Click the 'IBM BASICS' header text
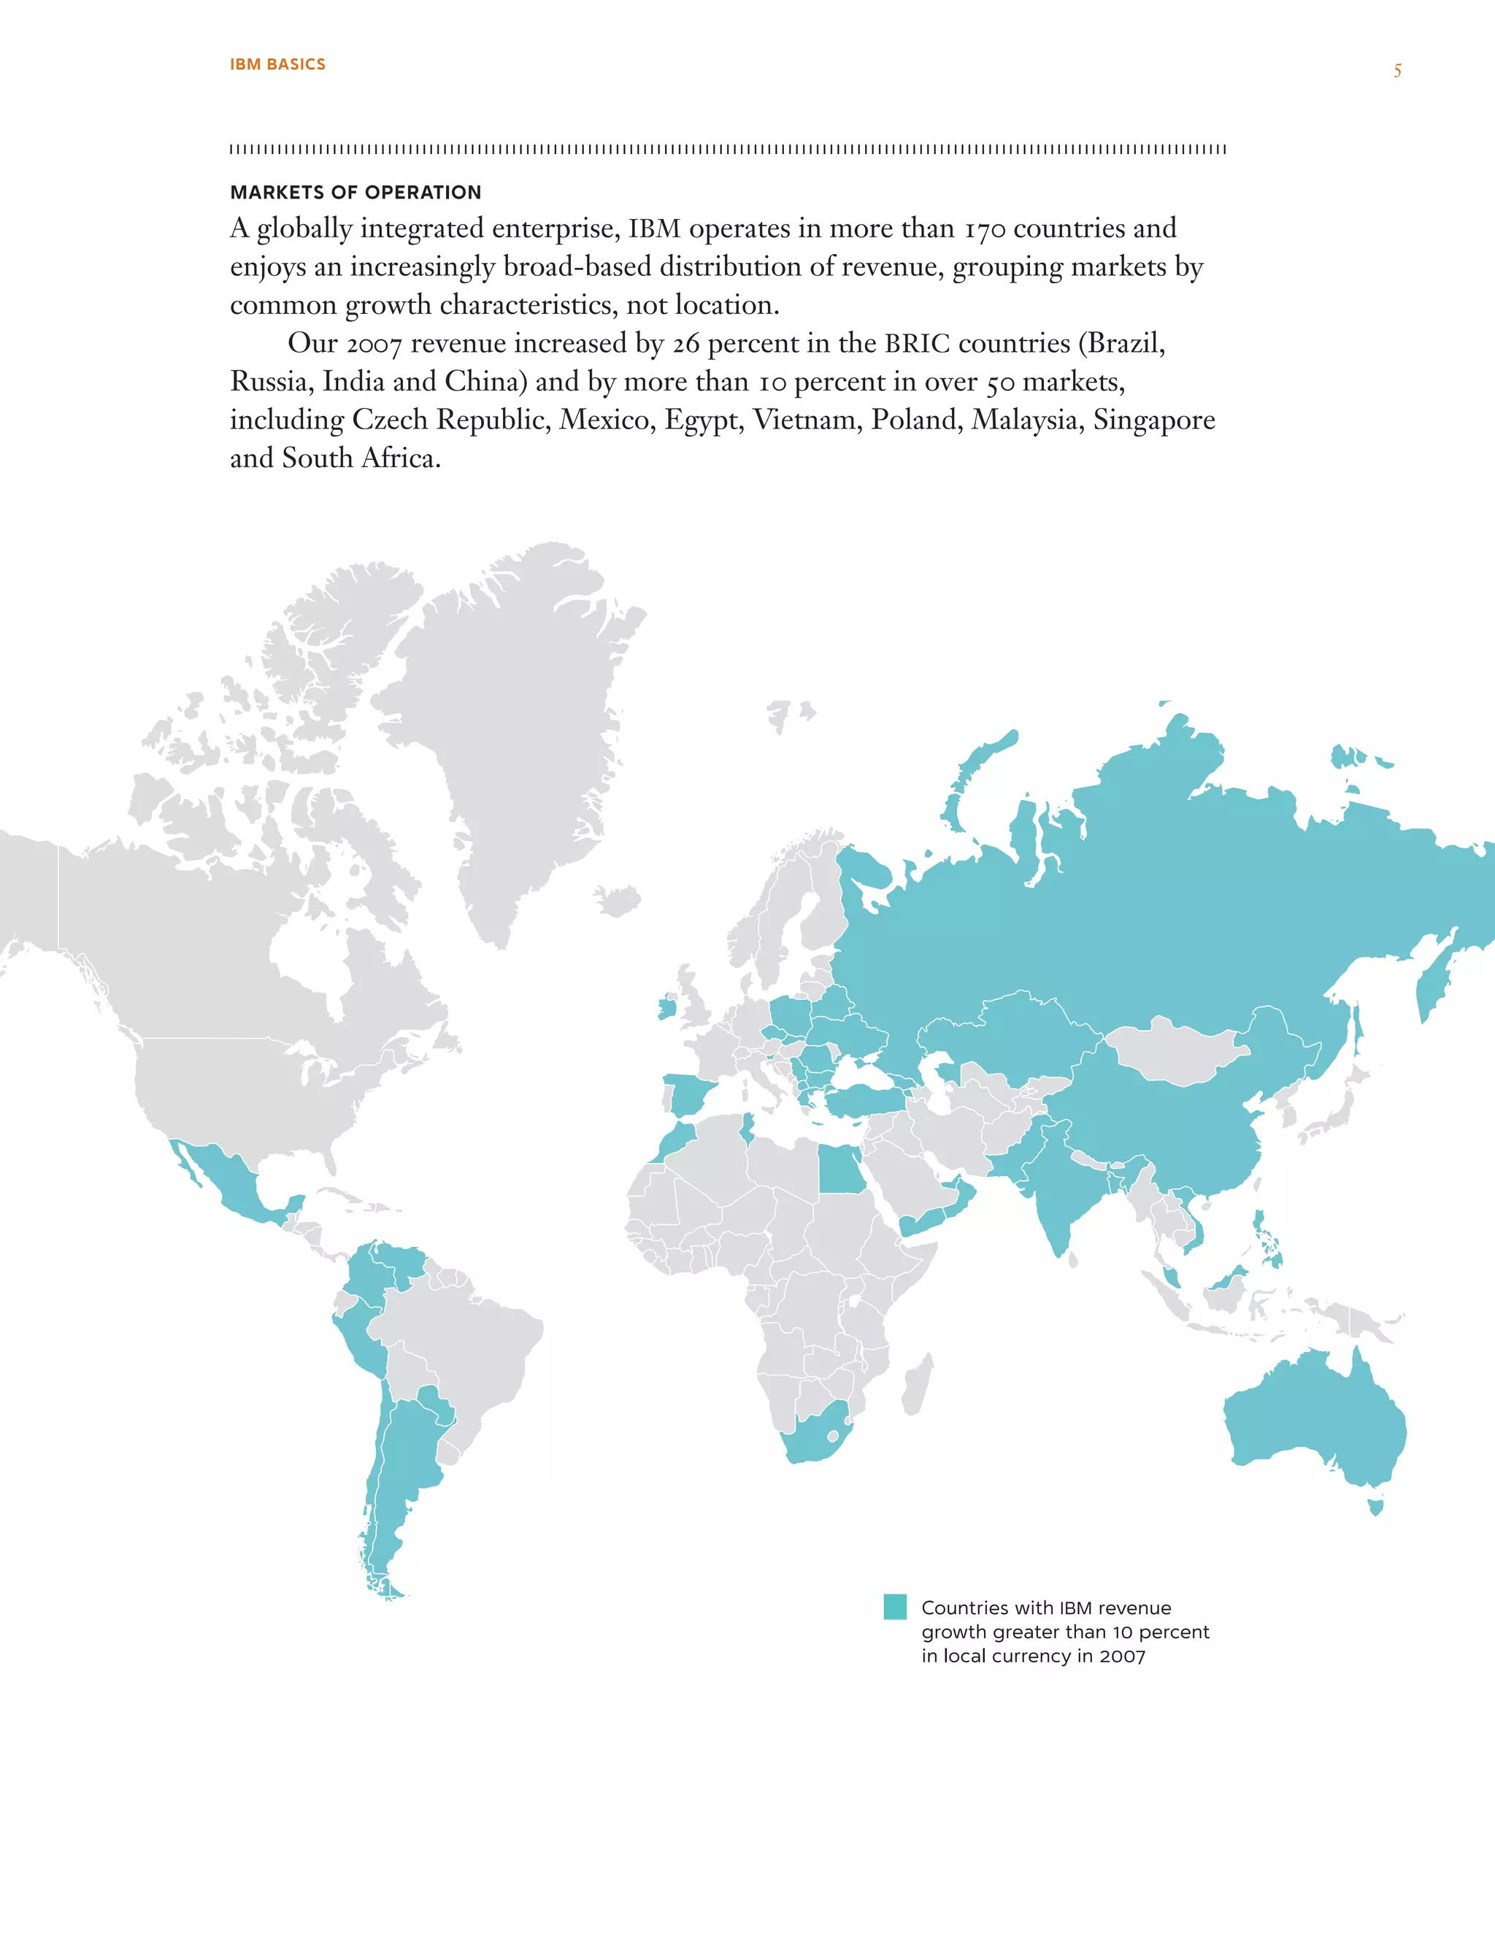[x=277, y=64]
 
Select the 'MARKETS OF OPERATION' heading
[x=355, y=192]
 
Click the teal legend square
[x=894, y=1606]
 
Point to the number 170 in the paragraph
[x=984, y=228]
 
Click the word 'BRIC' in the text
[x=917, y=344]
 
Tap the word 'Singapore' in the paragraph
[x=1153, y=420]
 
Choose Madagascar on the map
[x=918, y=1383]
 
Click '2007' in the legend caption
[x=1122, y=1656]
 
